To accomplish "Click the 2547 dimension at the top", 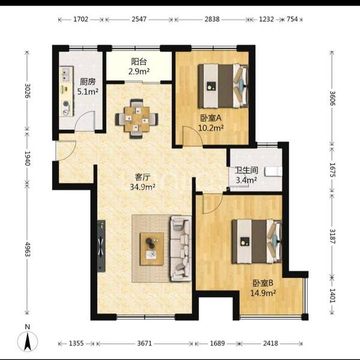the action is pyautogui.click(x=139, y=19).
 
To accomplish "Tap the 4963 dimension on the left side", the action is pyautogui.click(x=28, y=249).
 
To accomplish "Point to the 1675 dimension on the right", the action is pyautogui.click(x=332, y=170).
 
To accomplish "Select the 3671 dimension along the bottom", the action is pyautogui.click(x=145, y=343).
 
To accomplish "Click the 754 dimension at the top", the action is pyautogui.click(x=292, y=19).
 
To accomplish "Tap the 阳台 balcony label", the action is pyautogui.click(x=139, y=62).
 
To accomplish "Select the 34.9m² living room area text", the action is pyautogui.click(x=143, y=187).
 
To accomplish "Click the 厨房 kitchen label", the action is pyautogui.click(x=88, y=82).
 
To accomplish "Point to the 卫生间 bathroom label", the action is pyautogui.click(x=247, y=170).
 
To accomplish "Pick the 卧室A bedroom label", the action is pyautogui.click(x=211, y=118).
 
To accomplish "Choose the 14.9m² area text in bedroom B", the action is pyautogui.click(x=263, y=293).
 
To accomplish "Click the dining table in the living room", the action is pyautogui.click(x=137, y=119).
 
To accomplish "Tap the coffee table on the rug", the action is pyautogui.click(x=152, y=249).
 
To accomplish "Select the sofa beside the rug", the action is pyautogui.click(x=181, y=248).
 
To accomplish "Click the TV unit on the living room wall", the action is pyautogui.click(x=101, y=246).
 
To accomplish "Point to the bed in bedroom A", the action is pyautogui.click(x=223, y=86).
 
